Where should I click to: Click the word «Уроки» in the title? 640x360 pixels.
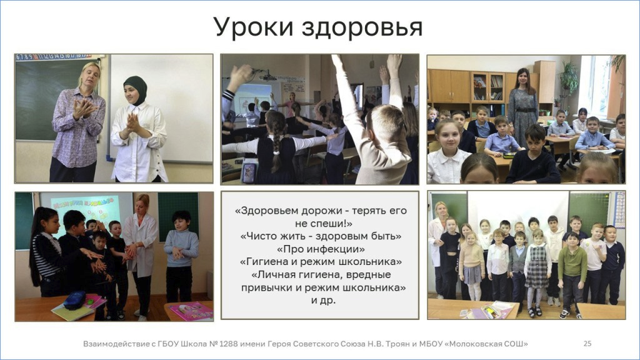254,27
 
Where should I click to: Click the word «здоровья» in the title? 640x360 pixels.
362,27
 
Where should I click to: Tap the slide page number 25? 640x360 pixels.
587,344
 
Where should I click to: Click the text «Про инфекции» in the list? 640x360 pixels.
321,249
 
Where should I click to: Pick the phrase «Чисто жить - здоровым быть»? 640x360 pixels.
321,236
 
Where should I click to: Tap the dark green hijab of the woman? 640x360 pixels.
136,89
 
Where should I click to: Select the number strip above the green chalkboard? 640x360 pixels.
53,57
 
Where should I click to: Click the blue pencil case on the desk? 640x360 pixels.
75,300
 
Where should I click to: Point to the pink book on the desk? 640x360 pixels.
191,311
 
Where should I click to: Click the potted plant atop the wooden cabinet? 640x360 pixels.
568,77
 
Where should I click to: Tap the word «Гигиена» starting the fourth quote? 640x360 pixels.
264,262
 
